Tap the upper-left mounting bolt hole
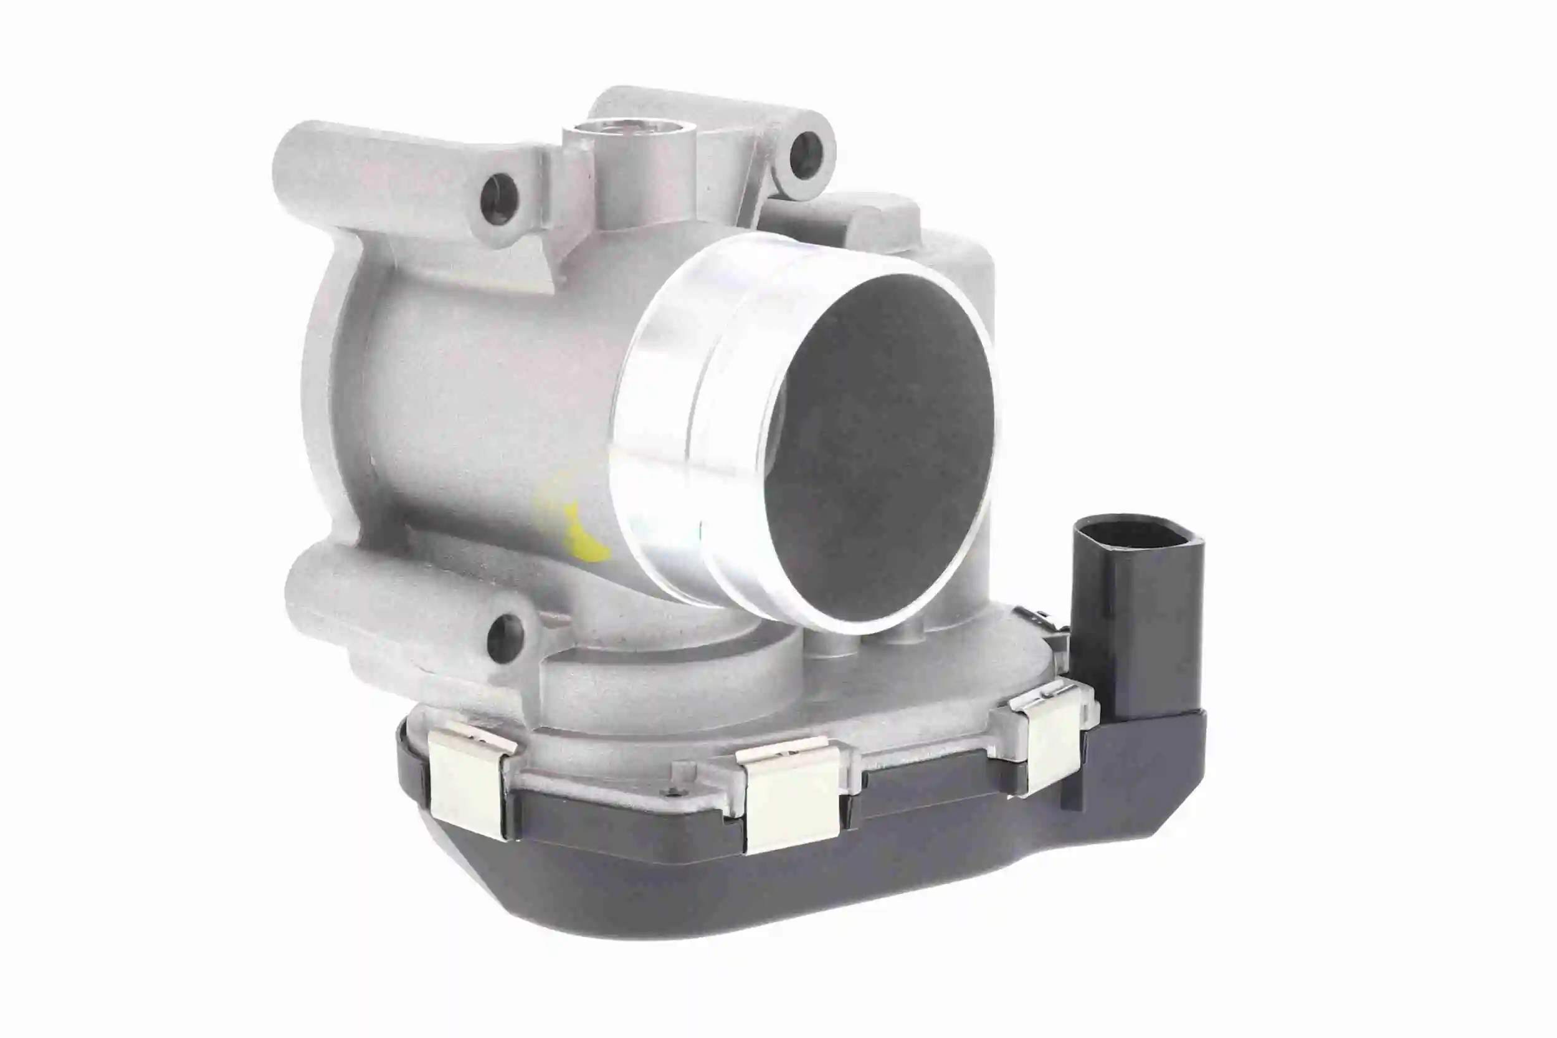pyautogui.click(x=499, y=198)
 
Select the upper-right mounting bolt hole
pyautogui.click(x=806, y=156)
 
